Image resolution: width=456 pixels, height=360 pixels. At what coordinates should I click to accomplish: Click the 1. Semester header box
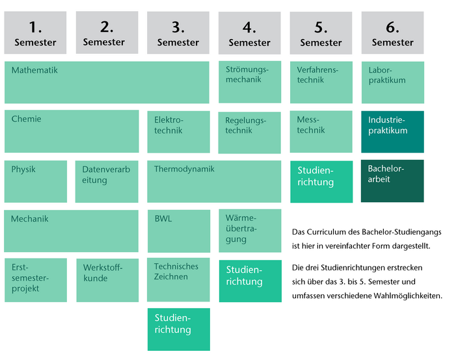35,32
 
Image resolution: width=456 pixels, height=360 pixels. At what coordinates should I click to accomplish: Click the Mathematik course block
107,82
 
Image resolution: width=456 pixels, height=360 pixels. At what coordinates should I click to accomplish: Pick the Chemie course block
72,131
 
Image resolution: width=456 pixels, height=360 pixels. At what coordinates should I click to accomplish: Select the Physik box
36,181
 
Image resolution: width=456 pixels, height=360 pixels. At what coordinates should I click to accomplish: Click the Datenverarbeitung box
107,181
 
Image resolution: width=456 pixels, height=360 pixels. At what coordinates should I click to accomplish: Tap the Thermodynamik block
214,181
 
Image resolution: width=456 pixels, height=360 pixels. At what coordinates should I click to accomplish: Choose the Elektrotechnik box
179,132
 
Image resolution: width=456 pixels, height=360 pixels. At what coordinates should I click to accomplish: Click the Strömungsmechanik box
249,82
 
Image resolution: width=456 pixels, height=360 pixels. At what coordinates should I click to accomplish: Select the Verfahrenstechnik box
321,82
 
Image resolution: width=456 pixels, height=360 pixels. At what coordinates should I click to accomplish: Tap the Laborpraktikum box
392,82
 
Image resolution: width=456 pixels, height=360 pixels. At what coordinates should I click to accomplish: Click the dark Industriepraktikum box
392,132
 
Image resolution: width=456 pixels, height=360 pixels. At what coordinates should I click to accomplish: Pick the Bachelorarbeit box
392,181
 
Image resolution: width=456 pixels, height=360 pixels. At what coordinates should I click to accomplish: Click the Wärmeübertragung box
249,230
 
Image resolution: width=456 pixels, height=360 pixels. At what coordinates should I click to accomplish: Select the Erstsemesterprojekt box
36,280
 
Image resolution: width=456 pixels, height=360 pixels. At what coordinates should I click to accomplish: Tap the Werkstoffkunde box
107,280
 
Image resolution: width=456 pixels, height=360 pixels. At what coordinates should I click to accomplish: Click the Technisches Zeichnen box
179,280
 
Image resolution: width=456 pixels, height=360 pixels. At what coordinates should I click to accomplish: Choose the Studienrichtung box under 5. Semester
321,181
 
